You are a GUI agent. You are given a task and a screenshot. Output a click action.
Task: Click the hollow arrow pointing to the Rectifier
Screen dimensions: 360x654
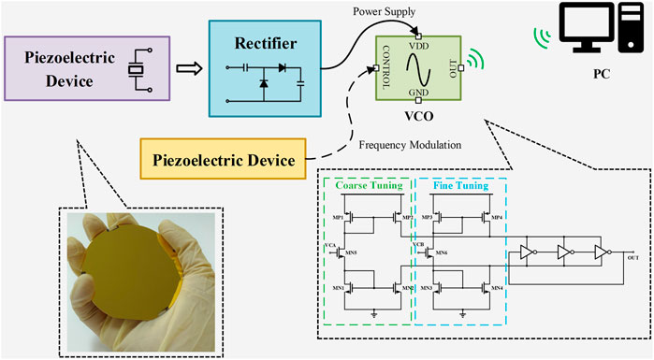(x=191, y=67)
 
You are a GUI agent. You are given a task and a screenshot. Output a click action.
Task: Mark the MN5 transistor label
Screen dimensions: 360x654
(x=351, y=253)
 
